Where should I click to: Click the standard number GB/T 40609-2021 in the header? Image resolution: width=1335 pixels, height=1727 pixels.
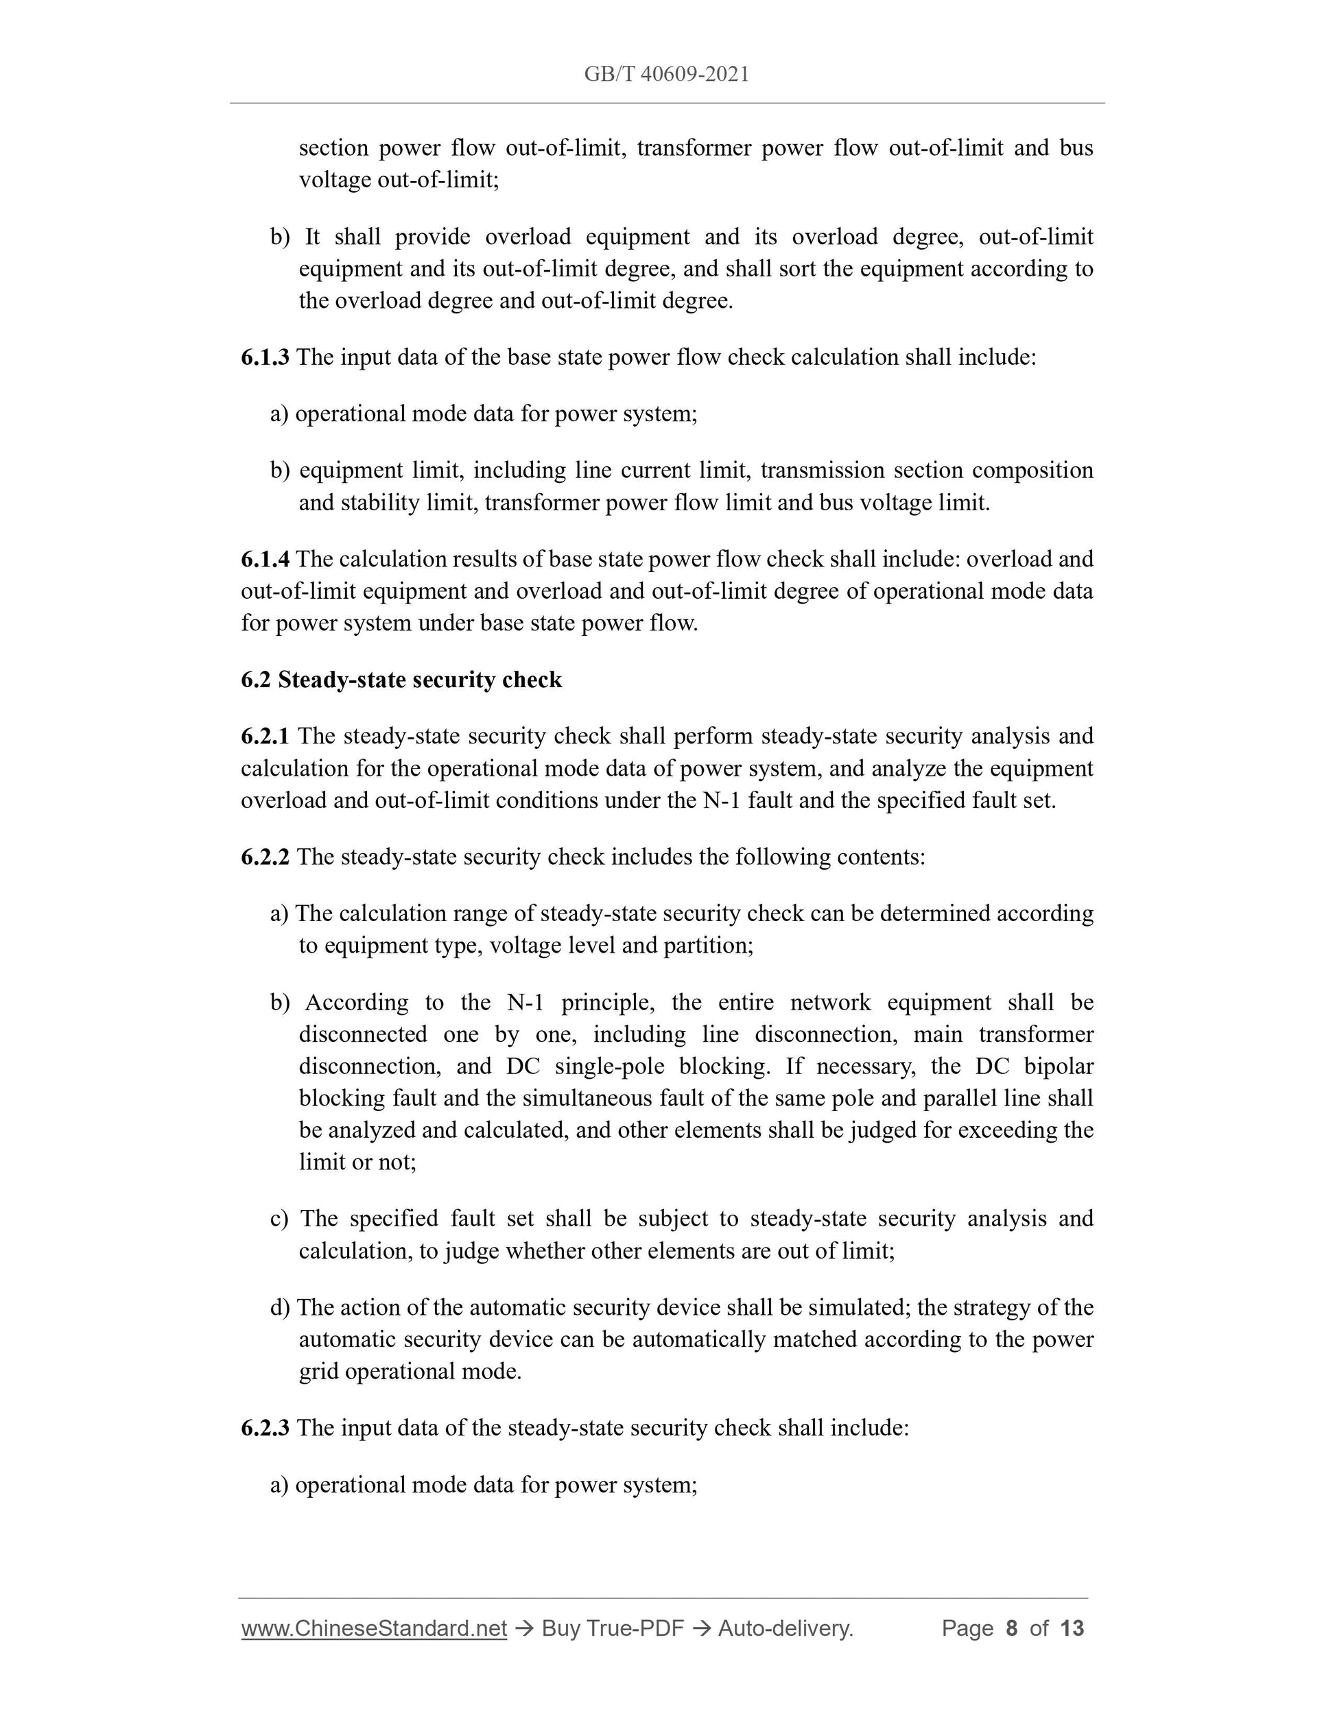(667, 74)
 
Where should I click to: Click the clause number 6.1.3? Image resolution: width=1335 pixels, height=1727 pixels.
(265, 357)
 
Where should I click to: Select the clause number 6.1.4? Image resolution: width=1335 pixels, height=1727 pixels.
(265, 559)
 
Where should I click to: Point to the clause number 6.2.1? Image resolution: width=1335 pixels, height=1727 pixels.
(265, 736)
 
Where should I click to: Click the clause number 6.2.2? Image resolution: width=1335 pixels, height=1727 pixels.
(265, 857)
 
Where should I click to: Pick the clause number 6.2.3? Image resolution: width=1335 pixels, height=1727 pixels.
(265, 1428)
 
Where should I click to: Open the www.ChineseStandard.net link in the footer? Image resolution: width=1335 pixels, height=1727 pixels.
(374, 1628)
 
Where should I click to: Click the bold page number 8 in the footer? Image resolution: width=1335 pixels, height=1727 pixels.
(1011, 1628)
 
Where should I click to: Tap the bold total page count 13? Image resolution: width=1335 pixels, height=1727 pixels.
(1072, 1628)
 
